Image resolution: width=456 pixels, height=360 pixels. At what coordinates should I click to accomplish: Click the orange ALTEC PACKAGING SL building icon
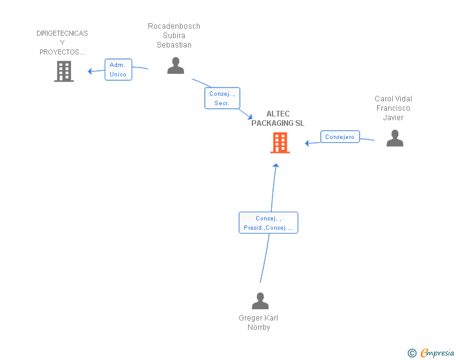coord(280,143)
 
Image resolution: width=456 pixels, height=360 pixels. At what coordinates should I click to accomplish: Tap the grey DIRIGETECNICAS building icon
coord(64,71)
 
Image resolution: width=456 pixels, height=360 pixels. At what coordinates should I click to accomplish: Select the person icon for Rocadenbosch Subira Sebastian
coord(175,66)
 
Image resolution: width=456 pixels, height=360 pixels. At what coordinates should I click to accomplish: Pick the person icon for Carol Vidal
coord(395,138)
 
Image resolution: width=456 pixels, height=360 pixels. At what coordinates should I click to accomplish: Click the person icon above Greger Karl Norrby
coord(260,301)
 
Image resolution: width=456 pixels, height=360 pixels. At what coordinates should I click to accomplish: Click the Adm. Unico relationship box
coord(118,69)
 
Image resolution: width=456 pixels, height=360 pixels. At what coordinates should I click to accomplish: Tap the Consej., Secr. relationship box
coord(222,98)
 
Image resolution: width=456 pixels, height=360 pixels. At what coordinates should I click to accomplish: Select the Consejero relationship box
coord(340,136)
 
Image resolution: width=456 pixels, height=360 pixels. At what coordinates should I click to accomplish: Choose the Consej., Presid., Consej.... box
coord(269,222)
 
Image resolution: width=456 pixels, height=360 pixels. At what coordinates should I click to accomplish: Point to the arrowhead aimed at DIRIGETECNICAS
coord(90,71)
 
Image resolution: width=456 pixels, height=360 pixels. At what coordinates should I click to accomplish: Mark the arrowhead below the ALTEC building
coord(276,165)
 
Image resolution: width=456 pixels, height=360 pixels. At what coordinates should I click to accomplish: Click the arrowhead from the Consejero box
coord(307,143)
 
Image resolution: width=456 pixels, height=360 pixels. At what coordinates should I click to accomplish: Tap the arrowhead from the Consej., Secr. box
coord(250,116)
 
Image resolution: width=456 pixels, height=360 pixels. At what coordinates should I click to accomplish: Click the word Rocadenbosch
coord(174,26)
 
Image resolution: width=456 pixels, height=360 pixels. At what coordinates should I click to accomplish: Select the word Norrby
coord(259,327)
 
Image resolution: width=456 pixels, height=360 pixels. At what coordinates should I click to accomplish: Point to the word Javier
coord(393,118)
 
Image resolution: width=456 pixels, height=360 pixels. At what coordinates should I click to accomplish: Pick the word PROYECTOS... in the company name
coord(62,52)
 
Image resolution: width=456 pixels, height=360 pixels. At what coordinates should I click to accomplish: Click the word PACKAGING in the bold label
coord(272,123)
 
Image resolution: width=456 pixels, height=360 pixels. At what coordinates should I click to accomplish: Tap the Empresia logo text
coord(437,353)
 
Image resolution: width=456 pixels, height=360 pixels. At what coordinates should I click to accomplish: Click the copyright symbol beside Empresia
coord(412,353)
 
